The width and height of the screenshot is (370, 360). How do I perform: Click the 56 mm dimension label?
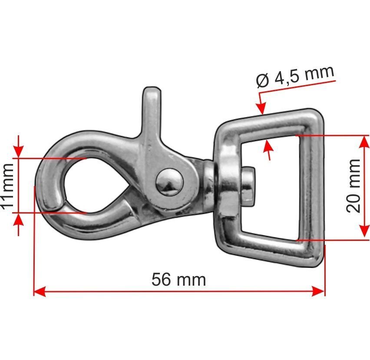178,280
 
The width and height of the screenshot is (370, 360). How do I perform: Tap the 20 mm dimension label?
353,186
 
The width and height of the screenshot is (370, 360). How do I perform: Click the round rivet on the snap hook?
169,182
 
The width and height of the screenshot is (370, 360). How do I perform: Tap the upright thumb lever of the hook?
152,113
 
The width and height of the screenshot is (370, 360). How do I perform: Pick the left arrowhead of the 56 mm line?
40,291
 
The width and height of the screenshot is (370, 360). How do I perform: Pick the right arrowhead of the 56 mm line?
319,291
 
